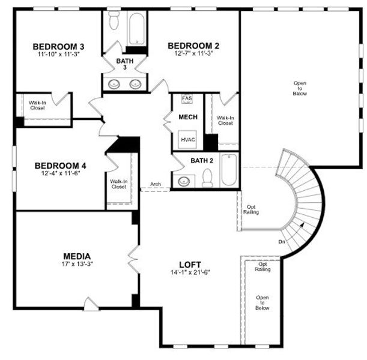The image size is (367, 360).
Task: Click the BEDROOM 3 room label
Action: (x=58, y=46)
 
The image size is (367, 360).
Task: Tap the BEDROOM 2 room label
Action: (x=193, y=45)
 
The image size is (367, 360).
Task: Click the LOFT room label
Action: (x=190, y=264)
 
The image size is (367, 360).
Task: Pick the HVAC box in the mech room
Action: (x=187, y=139)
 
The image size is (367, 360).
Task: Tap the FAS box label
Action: (x=187, y=98)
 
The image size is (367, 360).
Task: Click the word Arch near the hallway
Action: (x=156, y=184)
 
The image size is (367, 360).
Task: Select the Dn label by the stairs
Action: (x=282, y=242)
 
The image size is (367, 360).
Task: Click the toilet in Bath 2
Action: (x=207, y=178)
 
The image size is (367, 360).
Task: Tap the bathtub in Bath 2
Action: (x=229, y=170)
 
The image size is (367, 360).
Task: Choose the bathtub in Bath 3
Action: (x=136, y=26)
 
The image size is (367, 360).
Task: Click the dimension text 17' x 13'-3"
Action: (x=77, y=263)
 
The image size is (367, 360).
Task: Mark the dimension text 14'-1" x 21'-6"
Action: (x=189, y=272)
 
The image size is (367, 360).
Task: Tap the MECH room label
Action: (x=187, y=117)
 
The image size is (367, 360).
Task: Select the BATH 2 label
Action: (x=202, y=160)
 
